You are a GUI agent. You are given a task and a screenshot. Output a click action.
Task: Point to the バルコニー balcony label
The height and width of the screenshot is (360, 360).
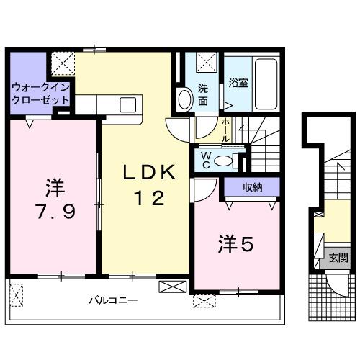(x=113, y=300)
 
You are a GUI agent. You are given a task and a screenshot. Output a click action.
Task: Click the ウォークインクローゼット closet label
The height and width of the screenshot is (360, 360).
(x=40, y=94)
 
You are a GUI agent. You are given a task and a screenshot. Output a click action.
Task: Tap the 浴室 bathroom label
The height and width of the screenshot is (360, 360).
(x=239, y=83)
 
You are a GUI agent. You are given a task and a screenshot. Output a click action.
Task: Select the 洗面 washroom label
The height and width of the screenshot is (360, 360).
(x=204, y=94)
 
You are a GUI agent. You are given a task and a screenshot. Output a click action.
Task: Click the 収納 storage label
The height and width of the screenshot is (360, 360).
(x=251, y=189)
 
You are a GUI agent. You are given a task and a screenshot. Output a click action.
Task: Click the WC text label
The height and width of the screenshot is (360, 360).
(x=204, y=158)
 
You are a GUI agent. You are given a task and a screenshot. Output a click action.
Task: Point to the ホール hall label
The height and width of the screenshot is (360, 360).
(x=226, y=129)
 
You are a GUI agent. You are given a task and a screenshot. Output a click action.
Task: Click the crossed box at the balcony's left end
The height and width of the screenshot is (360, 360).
(x=18, y=294)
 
